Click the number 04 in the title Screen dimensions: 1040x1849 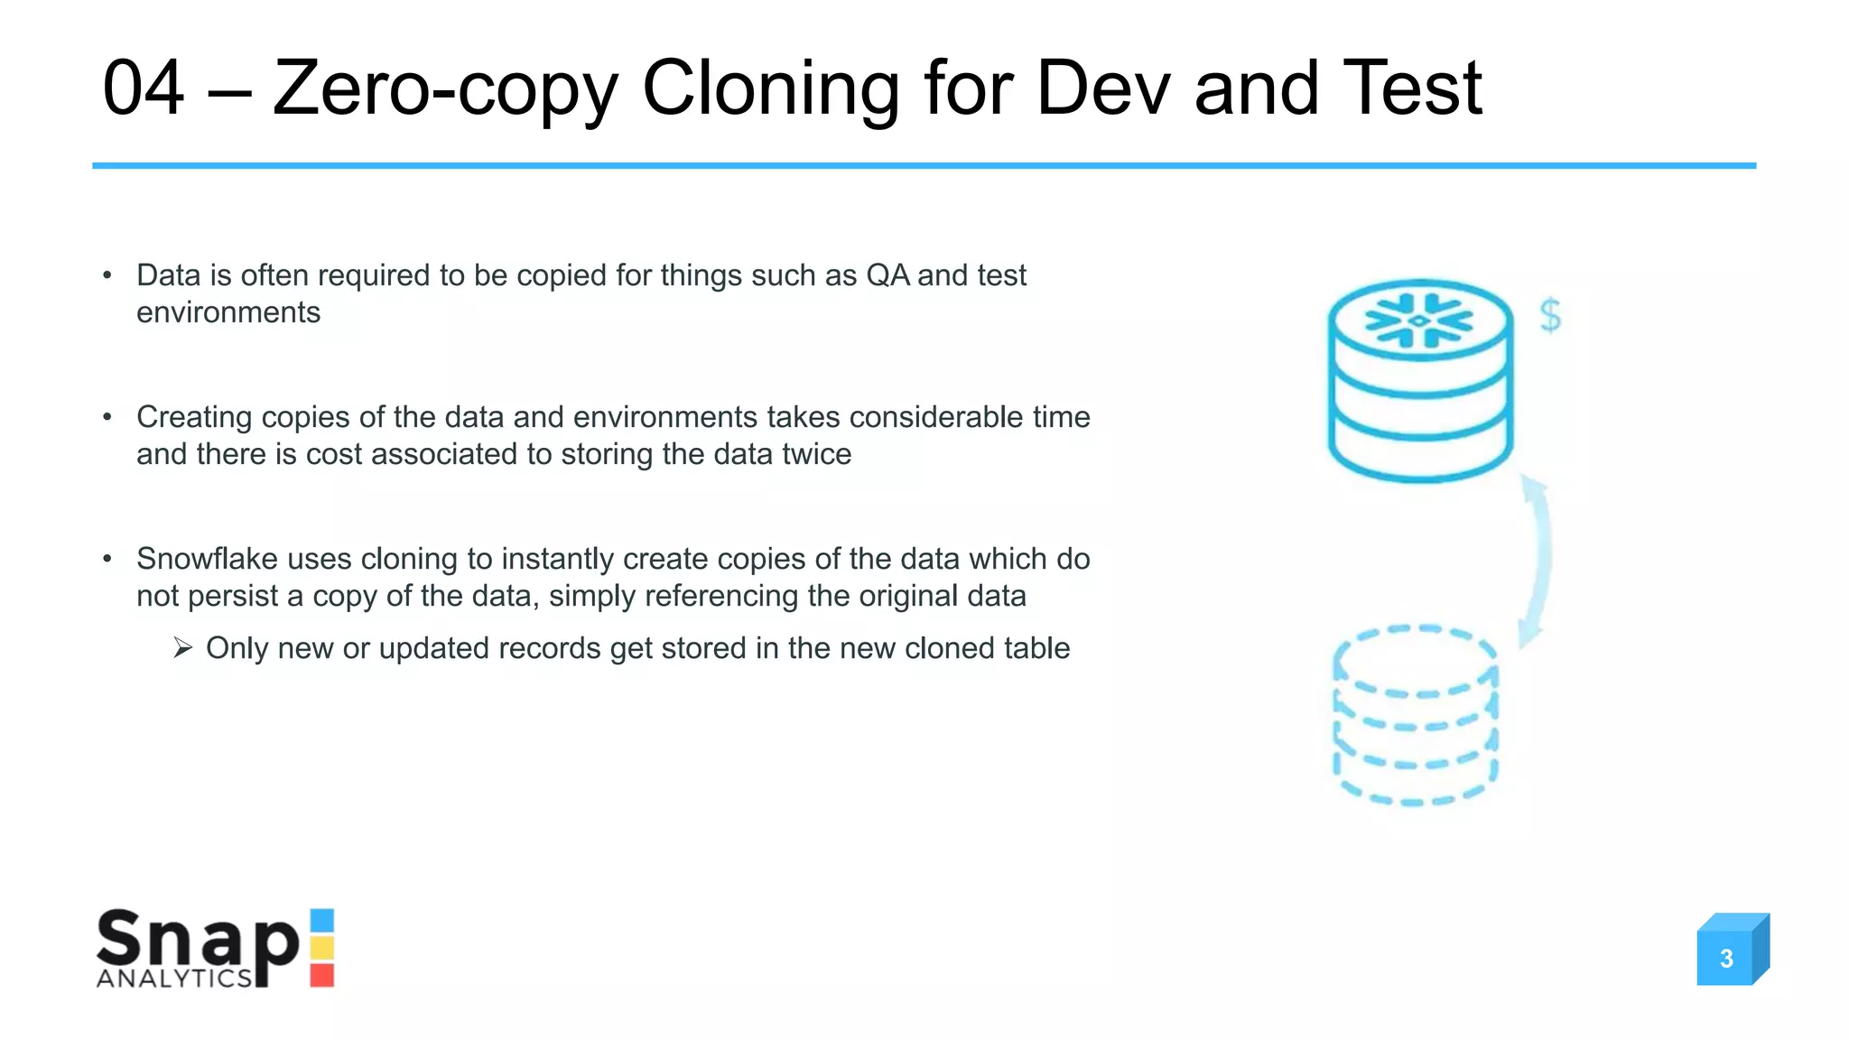click(x=144, y=88)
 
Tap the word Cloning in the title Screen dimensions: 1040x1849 click(x=770, y=88)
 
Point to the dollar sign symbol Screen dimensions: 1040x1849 click(x=1550, y=315)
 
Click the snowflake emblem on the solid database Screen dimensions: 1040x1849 click(x=1418, y=320)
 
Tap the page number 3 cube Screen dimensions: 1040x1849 click(x=1727, y=957)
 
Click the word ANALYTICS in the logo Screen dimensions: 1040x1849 click(x=174, y=979)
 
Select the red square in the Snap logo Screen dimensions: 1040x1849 click(x=322, y=976)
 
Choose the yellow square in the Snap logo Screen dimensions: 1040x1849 click(x=322, y=947)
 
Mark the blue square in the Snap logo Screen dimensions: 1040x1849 click(x=322, y=920)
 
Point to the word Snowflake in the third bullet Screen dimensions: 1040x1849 click(x=207, y=559)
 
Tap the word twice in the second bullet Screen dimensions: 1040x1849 click(x=816, y=454)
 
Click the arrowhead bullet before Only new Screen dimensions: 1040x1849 click(x=182, y=648)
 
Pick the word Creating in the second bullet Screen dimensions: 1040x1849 click(x=194, y=417)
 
